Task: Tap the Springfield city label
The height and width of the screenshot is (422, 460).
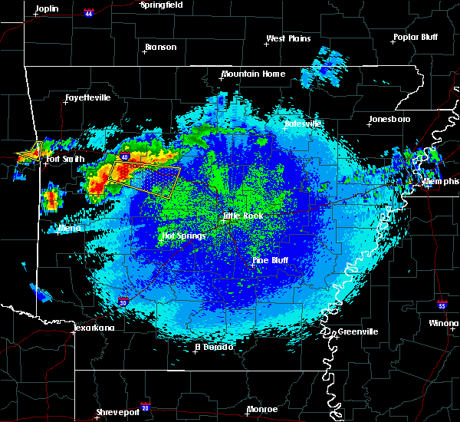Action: tap(161, 5)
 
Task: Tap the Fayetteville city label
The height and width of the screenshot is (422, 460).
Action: tap(87, 98)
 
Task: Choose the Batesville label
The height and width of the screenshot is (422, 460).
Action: tap(302, 124)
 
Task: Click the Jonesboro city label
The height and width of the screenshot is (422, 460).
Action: tap(389, 119)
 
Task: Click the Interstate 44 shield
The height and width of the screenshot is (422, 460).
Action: tap(90, 13)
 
